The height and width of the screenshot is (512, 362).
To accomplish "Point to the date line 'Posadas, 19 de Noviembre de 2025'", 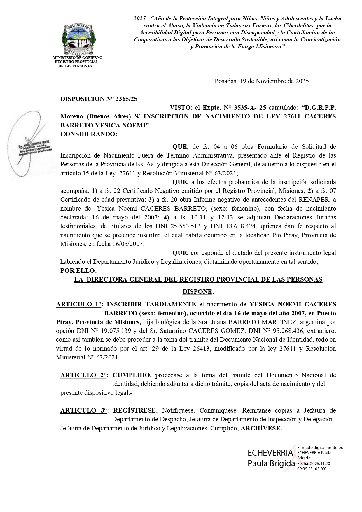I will [263, 81].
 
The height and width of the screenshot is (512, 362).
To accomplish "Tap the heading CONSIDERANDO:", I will [89, 134].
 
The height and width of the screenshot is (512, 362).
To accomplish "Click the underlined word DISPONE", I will [197, 292].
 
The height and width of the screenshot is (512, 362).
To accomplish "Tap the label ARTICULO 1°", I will [78, 304].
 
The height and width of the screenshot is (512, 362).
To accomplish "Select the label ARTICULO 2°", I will [83, 375].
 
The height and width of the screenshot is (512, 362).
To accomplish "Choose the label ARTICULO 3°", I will [83, 410].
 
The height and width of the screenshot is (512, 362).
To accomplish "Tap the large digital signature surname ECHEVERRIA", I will [270, 453].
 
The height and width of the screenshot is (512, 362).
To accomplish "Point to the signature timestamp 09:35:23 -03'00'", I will [311, 469].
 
